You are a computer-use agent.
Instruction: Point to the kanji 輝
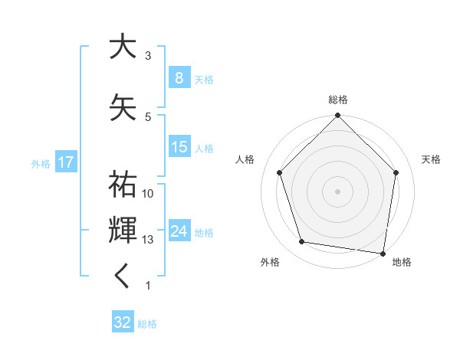pos(123,230)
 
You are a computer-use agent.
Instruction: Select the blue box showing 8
pos(179,78)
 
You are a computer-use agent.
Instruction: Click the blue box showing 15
pos(179,147)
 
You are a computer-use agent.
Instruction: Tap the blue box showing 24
pos(179,231)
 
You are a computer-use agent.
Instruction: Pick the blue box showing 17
pos(65,162)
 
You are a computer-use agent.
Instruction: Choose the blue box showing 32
pos(123,322)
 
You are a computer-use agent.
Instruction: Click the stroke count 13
pos(148,240)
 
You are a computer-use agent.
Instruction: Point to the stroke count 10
pos(148,193)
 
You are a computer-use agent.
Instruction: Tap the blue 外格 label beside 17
pos(40,163)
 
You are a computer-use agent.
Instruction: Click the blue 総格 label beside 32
pos(147,323)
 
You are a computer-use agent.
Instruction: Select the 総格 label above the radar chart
pos(337,100)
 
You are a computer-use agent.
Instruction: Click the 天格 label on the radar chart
pos(431,159)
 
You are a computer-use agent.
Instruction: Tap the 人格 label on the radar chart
pos(245,159)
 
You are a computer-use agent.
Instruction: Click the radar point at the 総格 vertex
pos(337,116)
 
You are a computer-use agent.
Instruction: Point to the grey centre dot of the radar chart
pos(337,191)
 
